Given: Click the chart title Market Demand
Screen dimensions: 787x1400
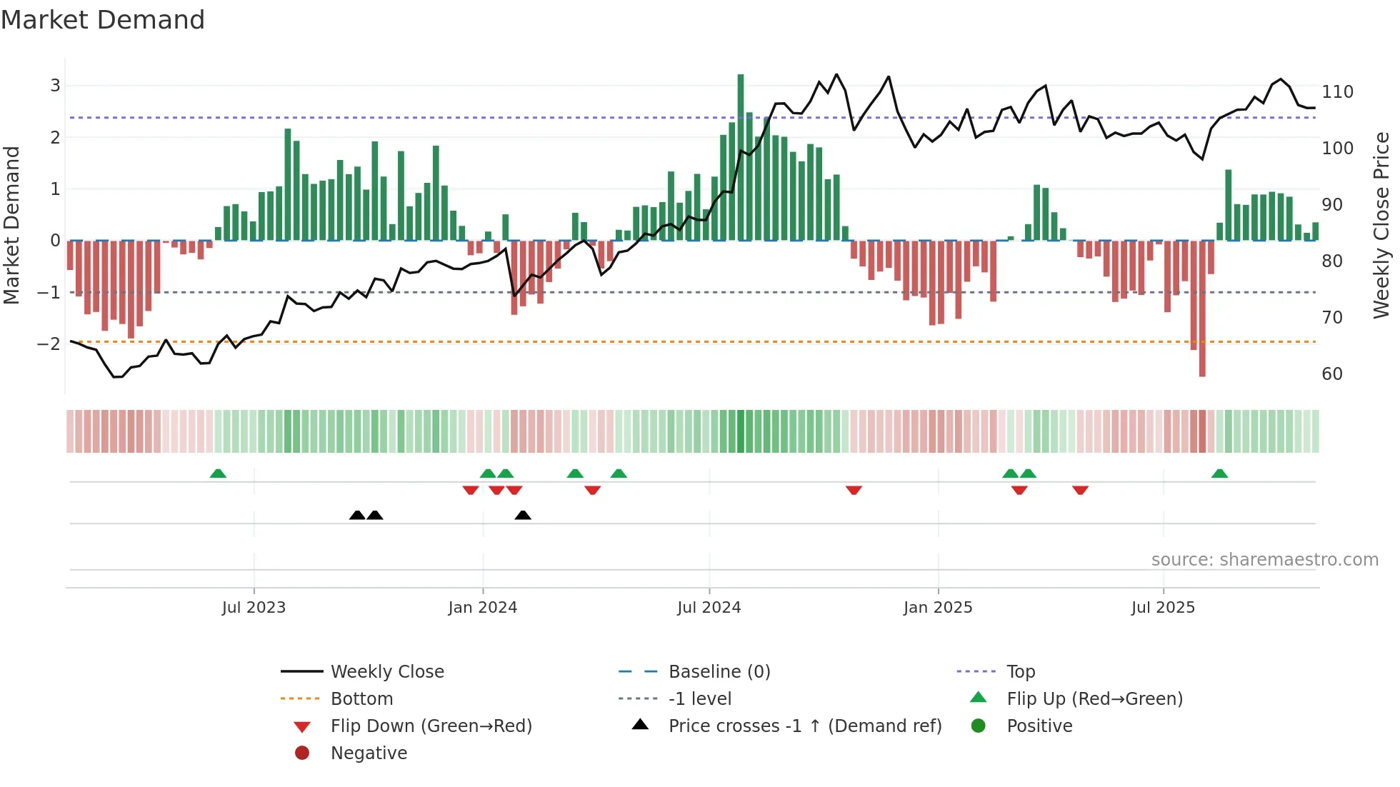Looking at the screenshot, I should click(103, 20).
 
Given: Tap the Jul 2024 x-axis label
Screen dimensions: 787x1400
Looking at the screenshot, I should click(709, 607).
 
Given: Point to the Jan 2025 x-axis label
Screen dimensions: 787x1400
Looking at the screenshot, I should click(937, 607).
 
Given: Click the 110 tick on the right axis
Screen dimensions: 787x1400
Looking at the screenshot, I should click(1337, 92).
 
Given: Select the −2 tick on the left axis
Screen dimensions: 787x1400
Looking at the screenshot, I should click(49, 344).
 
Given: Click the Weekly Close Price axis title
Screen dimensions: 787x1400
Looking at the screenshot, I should click(1381, 225).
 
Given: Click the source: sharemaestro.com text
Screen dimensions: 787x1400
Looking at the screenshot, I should click(1264, 559).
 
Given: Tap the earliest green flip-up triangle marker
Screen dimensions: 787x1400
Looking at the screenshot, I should click(218, 473).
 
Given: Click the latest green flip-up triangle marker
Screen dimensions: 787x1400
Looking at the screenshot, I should click(1219, 473).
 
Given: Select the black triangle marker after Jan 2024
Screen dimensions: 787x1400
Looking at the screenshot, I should click(523, 515).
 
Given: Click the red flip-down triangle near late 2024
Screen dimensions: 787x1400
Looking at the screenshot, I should click(854, 490).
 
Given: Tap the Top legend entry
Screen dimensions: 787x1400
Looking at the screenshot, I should click(1020, 671).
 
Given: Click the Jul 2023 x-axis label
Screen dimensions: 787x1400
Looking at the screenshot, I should click(254, 607).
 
